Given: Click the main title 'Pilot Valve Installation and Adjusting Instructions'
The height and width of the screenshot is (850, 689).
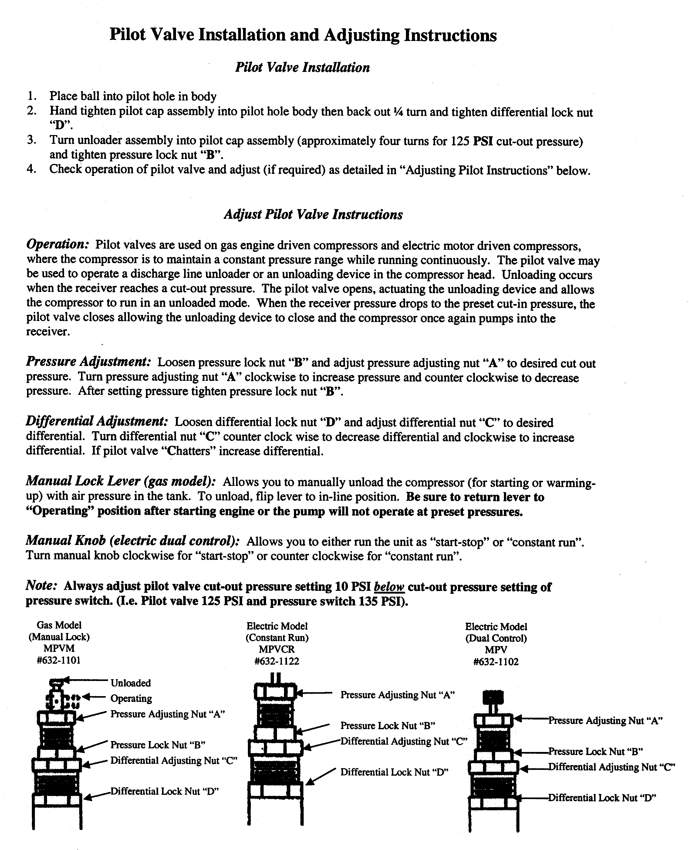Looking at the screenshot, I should pyautogui.click(x=303, y=35).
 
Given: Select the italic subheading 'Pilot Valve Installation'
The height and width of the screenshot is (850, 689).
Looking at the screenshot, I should pyautogui.click(x=302, y=67).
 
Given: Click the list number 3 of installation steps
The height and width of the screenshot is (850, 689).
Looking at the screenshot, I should pyautogui.click(x=32, y=140).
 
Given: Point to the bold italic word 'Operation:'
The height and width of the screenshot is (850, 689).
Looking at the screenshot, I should pyautogui.click(x=58, y=244).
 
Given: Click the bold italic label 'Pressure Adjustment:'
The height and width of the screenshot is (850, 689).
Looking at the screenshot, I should pyautogui.click(x=88, y=362).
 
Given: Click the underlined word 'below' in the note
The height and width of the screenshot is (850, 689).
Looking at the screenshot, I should pyautogui.click(x=389, y=587).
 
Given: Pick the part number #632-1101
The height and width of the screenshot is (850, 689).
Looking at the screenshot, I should pyautogui.click(x=59, y=660).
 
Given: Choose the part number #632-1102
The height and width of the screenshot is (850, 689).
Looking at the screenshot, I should pyautogui.click(x=496, y=662).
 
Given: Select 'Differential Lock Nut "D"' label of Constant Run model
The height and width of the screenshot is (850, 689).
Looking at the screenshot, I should pyautogui.click(x=394, y=772).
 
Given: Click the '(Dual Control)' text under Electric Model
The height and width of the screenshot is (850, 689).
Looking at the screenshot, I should pyautogui.click(x=496, y=638).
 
